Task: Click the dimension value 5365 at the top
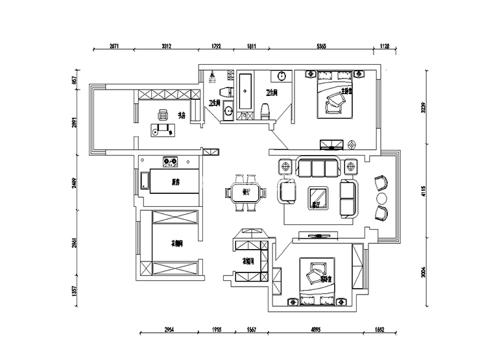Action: click(321, 46)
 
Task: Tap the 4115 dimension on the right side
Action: click(423, 192)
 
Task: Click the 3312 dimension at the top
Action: click(165, 46)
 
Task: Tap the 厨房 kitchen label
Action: click(175, 182)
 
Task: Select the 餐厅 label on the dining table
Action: click(246, 192)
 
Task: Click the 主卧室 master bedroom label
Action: click(347, 91)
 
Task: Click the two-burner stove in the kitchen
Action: click(171, 159)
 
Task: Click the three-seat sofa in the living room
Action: click(318, 169)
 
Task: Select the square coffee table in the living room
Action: click(317, 196)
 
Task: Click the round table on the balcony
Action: click(381, 197)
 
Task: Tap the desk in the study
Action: click(162, 130)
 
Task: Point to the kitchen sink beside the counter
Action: click(143, 181)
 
